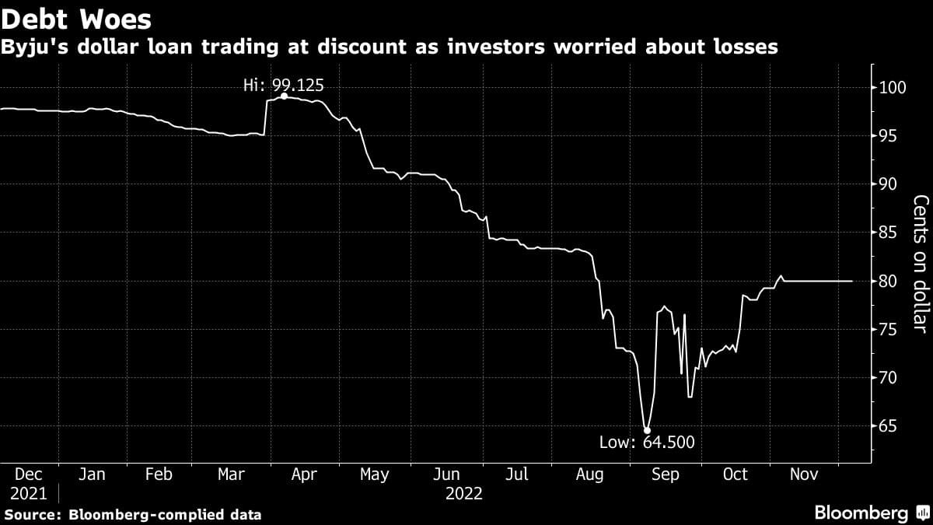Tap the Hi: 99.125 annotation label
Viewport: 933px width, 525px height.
283,86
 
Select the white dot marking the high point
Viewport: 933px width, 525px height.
284,96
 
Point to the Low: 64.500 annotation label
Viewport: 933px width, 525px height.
646,443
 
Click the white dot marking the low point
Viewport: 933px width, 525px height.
647,429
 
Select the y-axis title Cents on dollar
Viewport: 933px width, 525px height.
920,264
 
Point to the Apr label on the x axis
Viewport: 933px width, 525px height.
304,474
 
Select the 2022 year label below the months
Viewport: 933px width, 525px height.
464,493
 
